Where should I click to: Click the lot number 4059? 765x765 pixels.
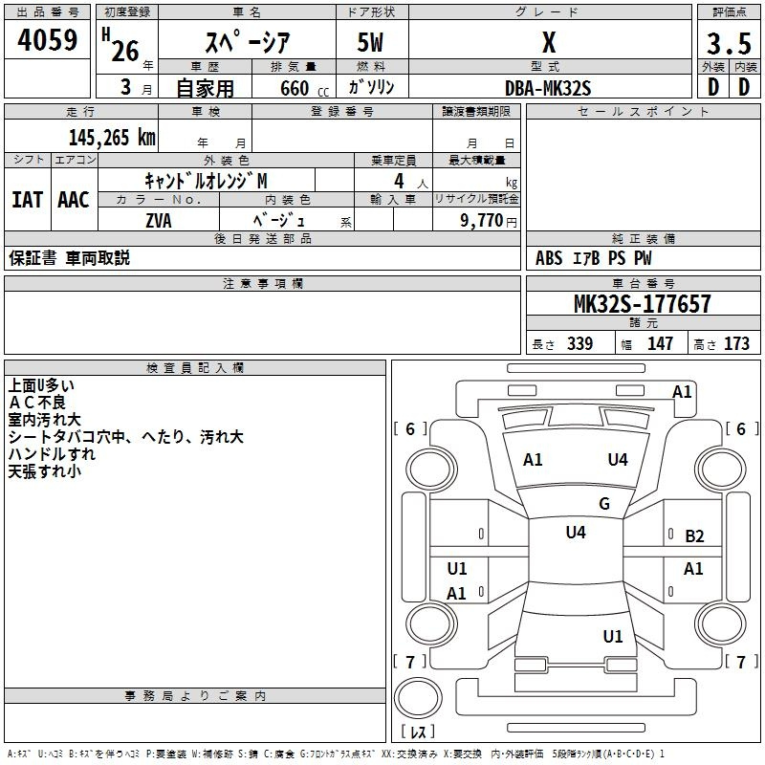click(x=47, y=40)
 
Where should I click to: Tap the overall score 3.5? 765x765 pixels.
click(x=729, y=43)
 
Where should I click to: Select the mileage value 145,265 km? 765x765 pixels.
click(x=112, y=138)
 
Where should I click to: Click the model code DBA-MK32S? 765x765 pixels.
click(x=548, y=88)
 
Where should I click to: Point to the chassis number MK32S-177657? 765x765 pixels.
click(x=642, y=303)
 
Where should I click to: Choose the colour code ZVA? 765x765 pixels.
click(x=159, y=221)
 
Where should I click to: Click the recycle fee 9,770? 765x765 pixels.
click(x=482, y=221)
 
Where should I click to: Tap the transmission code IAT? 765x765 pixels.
click(x=27, y=200)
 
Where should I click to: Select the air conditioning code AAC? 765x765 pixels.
click(x=74, y=200)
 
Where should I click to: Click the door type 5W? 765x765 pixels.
click(x=370, y=42)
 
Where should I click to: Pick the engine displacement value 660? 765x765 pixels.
click(x=295, y=88)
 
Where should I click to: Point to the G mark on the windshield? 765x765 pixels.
click(x=604, y=504)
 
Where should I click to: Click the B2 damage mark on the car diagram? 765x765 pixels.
click(x=694, y=536)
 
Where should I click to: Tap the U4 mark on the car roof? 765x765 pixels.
click(x=576, y=532)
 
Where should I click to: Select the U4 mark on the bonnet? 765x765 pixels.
click(x=618, y=460)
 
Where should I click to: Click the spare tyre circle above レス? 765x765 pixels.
click(x=418, y=698)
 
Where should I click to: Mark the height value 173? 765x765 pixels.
click(x=736, y=344)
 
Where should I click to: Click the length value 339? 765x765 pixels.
click(x=580, y=344)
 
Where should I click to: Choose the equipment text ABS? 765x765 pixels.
click(x=549, y=258)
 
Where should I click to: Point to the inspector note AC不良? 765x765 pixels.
click(x=37, y=403)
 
